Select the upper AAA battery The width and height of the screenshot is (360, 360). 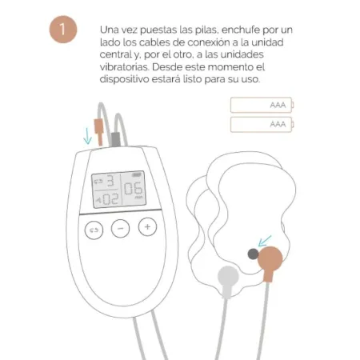click(262, 105)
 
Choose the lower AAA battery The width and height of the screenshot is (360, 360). click(262, 124)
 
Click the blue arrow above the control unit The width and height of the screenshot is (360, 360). click(87, 134)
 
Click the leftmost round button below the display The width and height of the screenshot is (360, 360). click(94, 228)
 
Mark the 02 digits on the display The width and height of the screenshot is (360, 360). click(109, 198)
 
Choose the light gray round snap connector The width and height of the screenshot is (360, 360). click(227, 277)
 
